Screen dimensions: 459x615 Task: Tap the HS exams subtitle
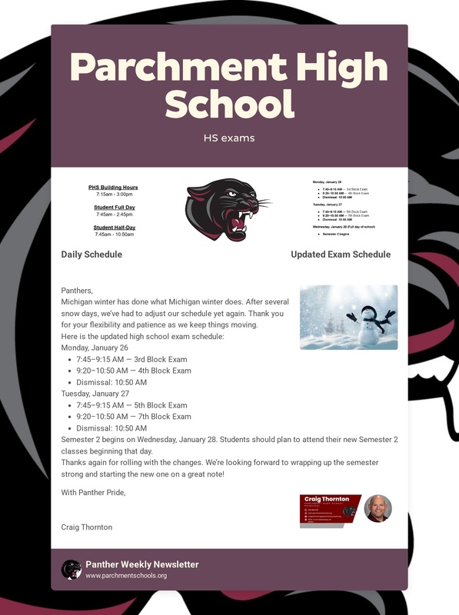point(229,138)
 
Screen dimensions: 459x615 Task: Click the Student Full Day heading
point(115,208)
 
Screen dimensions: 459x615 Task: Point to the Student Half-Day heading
point(115,228)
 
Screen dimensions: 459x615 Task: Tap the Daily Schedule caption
point(91,254)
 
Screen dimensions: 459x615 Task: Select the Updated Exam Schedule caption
point(341,254)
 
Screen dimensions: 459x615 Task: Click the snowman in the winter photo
point(371,321)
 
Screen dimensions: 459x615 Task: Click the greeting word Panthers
point(77,291)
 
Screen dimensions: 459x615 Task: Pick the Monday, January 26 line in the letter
point(95,347)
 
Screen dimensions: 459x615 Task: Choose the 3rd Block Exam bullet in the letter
point(131,359)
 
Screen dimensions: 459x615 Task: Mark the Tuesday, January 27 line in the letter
point(95,394)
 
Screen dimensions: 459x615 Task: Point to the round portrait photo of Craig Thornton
point(378,509)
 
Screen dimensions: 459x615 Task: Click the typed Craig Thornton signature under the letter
point(87,527)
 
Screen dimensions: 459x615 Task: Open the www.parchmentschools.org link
point(126,575)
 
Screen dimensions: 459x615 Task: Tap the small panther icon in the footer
point(71,569)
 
